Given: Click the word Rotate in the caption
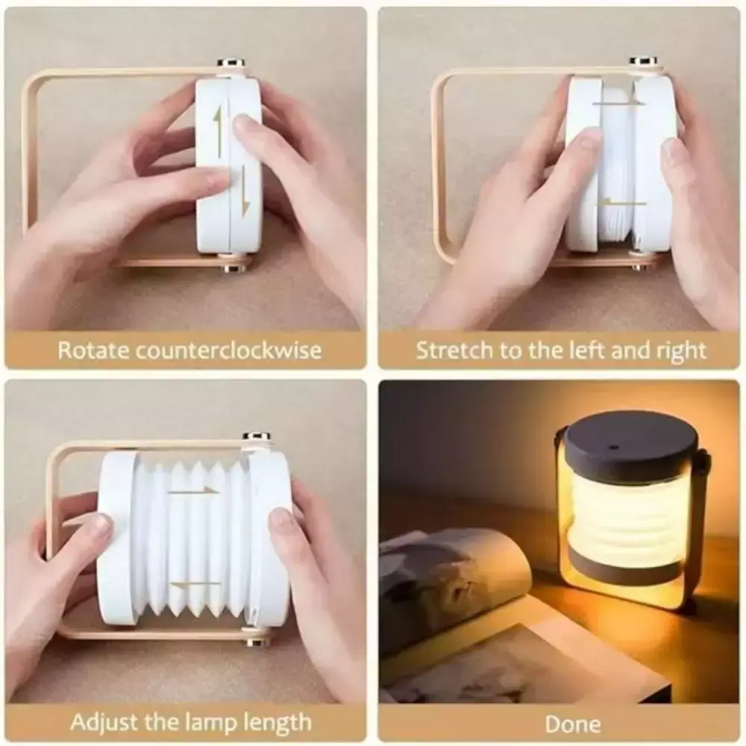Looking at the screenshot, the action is (x=93, y=350).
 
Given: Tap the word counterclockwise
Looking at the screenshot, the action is (x=229, y=350).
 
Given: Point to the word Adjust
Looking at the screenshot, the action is (x=104, y=723).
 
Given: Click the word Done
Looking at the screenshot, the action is (x=573, y=724).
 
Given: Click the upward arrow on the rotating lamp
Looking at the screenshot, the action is (x=219, y=128).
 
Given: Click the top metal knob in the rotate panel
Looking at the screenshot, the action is (x=231, y=63).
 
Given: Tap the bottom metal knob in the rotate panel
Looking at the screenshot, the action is (x=233, y=269).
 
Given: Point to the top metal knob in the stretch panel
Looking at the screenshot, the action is (x=643, y=62).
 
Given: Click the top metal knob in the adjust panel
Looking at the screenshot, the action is (x=257, y=436).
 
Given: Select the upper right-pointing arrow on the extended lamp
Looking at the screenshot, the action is (x=194, y=491).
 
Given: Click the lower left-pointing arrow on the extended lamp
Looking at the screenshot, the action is (x=195, y=584).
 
